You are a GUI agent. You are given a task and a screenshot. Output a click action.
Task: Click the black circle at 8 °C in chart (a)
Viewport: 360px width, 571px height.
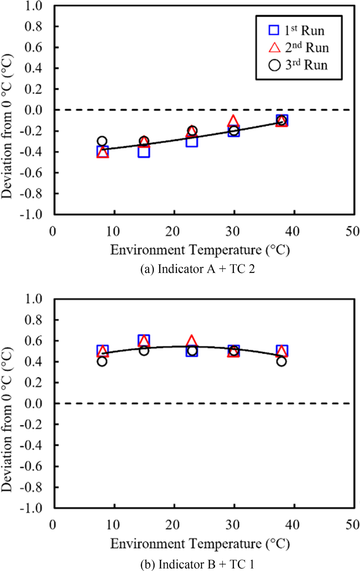tap(102, 141)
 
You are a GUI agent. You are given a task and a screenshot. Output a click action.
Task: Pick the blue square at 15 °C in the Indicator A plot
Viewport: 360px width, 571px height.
tap(144, 152)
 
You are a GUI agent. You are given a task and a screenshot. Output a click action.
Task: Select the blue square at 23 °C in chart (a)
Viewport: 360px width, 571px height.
tap(192, 141)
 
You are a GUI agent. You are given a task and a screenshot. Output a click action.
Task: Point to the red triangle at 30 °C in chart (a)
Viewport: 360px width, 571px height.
tap(233, 121)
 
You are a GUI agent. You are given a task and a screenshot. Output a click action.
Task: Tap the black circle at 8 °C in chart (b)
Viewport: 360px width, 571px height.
tap(102, 361)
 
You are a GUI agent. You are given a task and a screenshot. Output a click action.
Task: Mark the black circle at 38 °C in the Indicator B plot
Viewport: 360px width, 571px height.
tap(282, 361)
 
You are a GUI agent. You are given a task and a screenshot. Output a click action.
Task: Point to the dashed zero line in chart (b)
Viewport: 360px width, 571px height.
tap(315, 403)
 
